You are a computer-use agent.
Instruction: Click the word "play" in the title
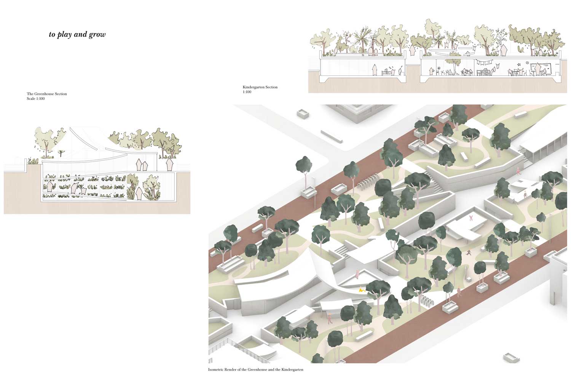[64, 35]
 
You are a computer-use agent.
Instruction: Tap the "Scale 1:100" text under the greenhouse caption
[36, 99]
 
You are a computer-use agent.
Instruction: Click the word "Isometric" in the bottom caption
[216, 369]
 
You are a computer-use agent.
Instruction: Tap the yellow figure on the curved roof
[362, 290]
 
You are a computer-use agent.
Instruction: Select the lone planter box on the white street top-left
[303, 114]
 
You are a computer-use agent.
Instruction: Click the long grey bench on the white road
[332, 136]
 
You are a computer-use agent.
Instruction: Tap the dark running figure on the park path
[469, 252]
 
